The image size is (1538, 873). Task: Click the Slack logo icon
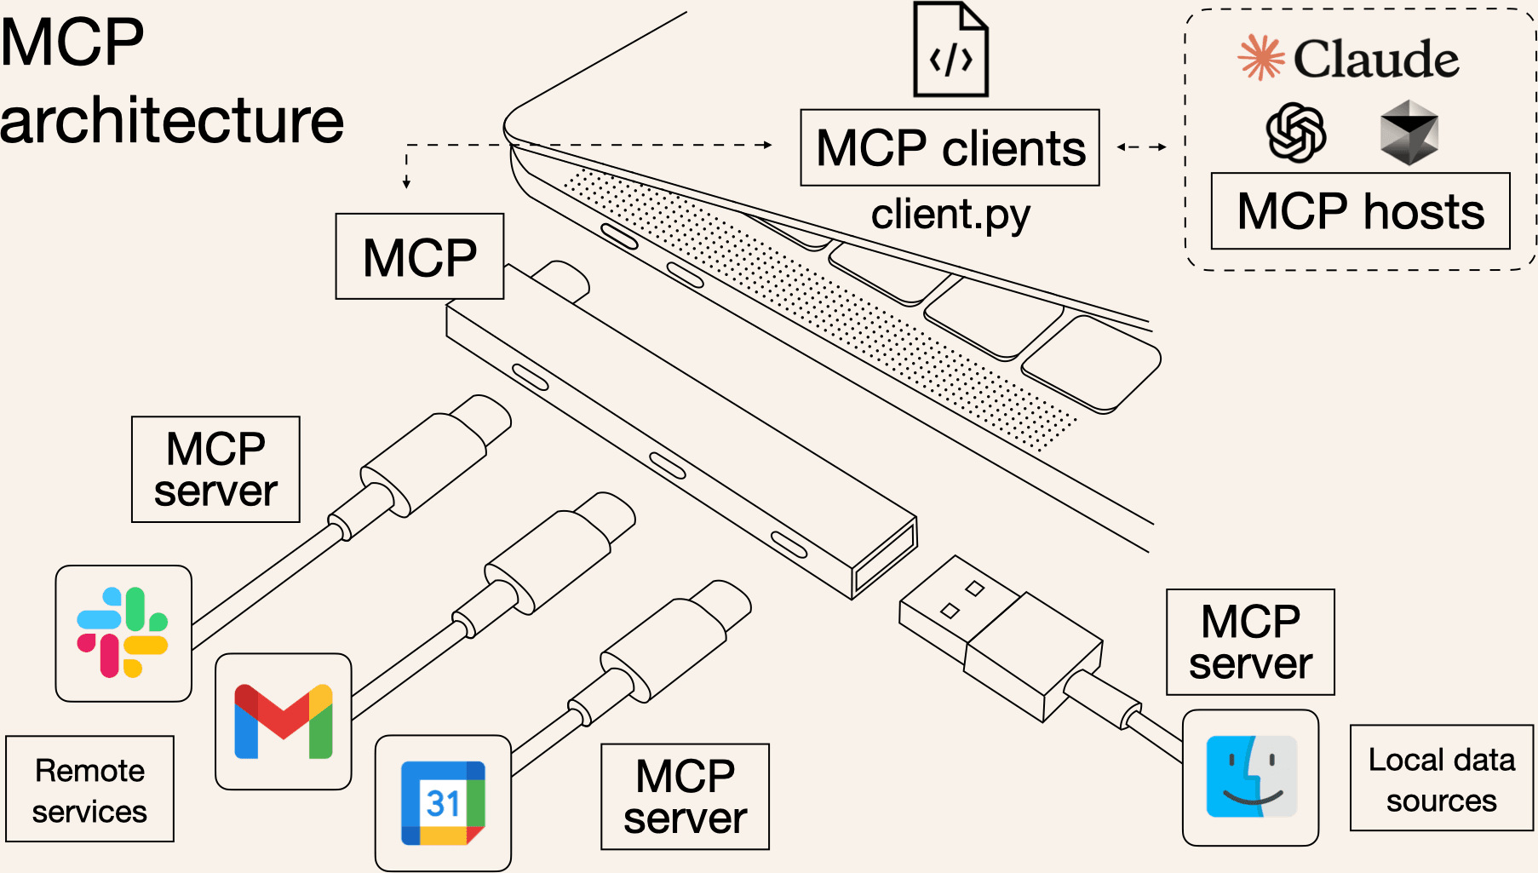click(x=123, y=633)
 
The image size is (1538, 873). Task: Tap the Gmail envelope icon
click(x=284, y=721)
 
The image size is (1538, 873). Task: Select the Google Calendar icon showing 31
click(x=443, y=802)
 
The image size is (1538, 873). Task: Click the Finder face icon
click(x=1251, y=777)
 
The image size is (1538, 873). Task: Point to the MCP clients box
click(x=950, y=148)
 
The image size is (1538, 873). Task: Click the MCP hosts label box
click(x=1360, y=211)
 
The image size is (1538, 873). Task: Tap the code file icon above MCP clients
click(x=950, y=51)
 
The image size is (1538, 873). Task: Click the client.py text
click(x=950, y=214)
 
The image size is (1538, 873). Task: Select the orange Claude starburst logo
click(x=1260, y=58)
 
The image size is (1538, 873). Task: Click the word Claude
click(x=1375, y=59)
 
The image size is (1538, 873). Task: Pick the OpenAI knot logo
click(x=1295, y=133)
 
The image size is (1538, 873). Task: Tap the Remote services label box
click(x=89, y=790)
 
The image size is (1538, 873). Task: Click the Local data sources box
click(x=1441, y=778)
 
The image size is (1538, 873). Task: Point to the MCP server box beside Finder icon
click(x=1250, y=642)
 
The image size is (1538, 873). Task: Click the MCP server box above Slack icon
click(x=215, y=469)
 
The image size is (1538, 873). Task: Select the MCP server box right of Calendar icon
click(x=685, y=796)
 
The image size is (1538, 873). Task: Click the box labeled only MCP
click(x=420, y=256)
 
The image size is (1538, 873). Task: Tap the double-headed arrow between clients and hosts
click(x=1141, y=147)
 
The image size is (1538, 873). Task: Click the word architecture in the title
click(x=171, y=120)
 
